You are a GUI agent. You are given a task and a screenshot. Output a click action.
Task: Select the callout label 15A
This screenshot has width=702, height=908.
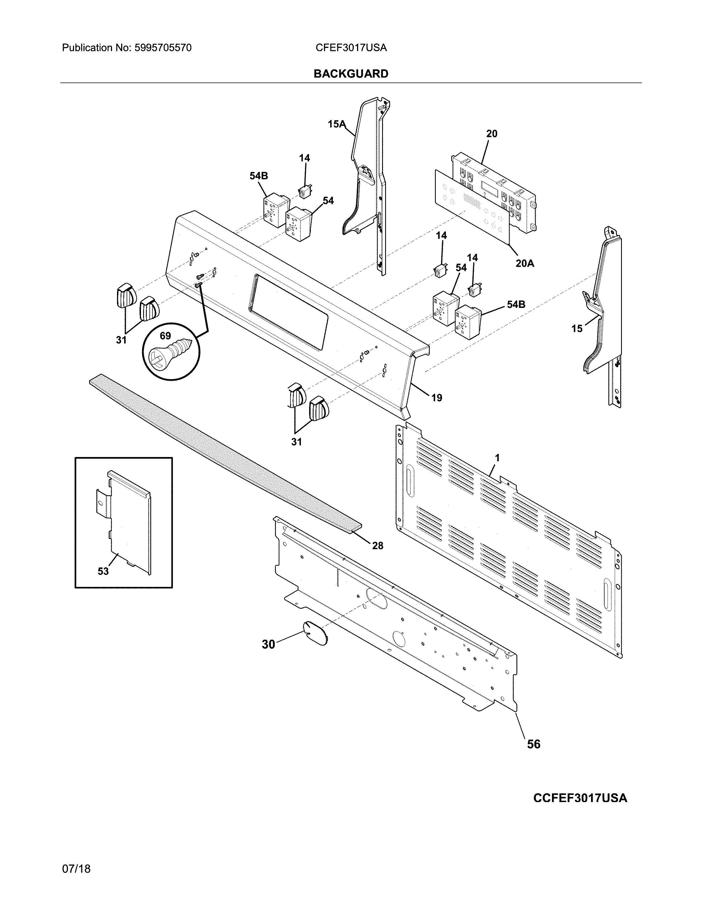coord(336,124)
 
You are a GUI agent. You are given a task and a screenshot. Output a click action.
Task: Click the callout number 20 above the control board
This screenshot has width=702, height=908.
coord(492,134)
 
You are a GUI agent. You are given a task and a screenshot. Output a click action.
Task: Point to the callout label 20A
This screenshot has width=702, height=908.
coord(524,263)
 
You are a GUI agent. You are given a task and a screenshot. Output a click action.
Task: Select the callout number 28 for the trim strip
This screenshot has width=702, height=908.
coord(377,545)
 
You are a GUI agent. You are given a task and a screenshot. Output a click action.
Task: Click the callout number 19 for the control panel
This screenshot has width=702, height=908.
coord(436,398)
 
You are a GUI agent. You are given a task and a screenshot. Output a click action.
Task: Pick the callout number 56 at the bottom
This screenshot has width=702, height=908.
coord(534,744)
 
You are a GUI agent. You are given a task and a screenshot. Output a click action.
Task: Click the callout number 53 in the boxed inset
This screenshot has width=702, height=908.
coord(103,571)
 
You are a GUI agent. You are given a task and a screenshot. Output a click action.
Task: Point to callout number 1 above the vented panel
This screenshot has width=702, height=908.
coord(497,458)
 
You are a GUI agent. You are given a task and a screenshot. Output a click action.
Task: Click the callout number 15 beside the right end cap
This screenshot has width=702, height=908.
coord(576,329)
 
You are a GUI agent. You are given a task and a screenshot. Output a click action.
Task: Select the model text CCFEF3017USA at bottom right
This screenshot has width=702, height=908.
coord(580,798)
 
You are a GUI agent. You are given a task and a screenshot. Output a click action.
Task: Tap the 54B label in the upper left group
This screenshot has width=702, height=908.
coord(259,176)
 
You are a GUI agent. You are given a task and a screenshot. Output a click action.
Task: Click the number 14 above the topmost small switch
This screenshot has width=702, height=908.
coord(304,158)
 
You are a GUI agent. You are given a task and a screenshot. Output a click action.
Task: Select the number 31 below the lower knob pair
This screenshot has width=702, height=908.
coord(296,442)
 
